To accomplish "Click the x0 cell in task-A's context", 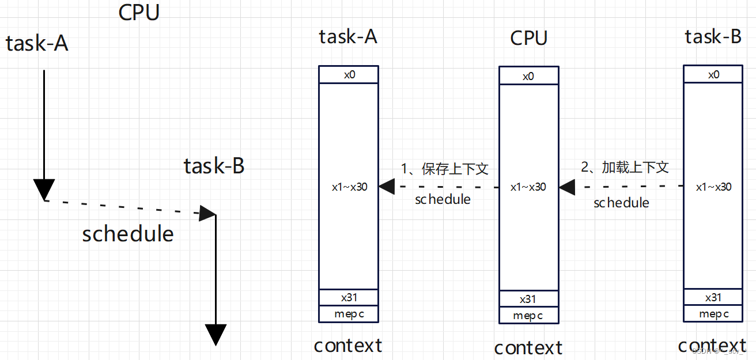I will [x=349, y=74].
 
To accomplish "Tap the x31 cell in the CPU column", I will [x=528, y=299].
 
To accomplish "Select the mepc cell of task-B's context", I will [x=713, y=314].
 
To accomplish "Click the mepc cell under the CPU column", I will [x=528, y=316].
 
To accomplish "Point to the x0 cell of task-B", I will [x=713, y=74].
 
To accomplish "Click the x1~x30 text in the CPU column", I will [x=528, y=187].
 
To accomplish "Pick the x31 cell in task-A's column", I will [x=349, y=297].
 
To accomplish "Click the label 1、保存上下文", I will [x=445, y=169].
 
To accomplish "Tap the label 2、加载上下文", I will [x=625, y=168].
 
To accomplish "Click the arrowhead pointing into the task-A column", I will [x=386, y=186].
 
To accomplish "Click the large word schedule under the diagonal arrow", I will [x=128, y=234].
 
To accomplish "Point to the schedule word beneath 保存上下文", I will [x=443, y=199].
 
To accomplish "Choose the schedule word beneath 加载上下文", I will [x=621, y=203].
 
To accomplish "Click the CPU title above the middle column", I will [x=528, y=38].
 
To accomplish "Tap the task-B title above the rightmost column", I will [x=713, y=37].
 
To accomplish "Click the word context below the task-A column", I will [x=348, y=345].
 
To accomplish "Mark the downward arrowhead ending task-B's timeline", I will [x=216, y=334].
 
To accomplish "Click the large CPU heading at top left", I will [x=139, y=12].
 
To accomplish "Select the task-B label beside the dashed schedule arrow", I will [x=214, y=166].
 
